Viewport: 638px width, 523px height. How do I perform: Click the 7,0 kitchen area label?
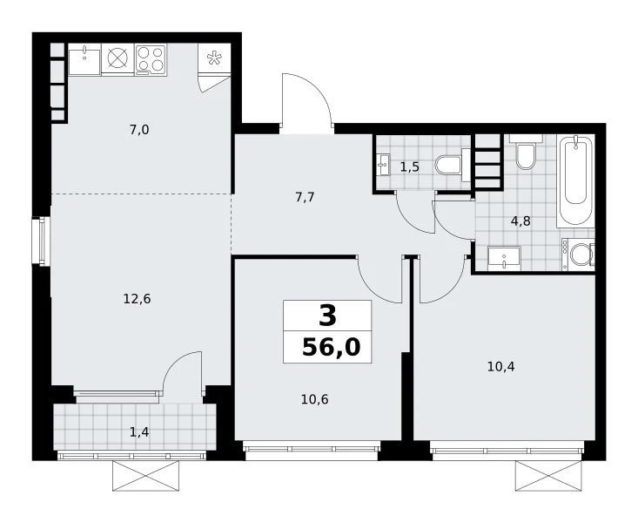pos(139,130)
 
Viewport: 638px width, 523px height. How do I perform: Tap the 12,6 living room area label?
pos(138,299)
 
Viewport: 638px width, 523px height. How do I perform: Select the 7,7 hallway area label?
pos(305,197)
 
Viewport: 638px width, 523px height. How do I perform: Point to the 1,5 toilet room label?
pos(410,166)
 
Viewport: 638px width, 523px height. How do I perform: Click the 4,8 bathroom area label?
pos(520,221)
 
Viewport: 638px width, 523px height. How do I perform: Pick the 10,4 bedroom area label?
pos(500,367)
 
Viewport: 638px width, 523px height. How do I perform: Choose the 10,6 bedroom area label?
pos(314,399)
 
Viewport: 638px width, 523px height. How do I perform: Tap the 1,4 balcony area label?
pos(139,431)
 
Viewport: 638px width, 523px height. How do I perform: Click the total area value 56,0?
pos(332,348)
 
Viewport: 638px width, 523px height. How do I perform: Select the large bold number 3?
pos(328,316)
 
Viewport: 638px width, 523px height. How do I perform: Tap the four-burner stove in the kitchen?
pos(151,59)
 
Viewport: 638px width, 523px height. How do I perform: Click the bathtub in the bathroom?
pos(576,182)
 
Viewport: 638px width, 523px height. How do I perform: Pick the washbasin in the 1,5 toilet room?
pos(383,165)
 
